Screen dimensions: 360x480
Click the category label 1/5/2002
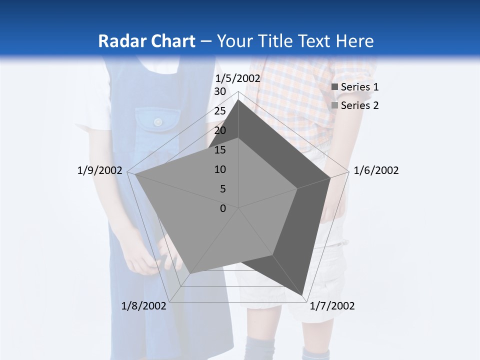pyautogui.click(x=238, y=78)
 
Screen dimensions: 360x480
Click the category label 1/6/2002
pyautogui.click(x=376, y=170)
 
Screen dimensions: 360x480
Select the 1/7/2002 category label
pyautogui.click(x=332, y=306)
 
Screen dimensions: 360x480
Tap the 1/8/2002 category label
pyautogui.click(x=144, y=306)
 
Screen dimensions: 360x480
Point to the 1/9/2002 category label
pyautogui.click(x=100, y=170)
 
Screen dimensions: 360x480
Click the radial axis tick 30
pyautogui.click(x=220, y=91)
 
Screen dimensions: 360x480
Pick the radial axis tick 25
pyautogui.click(x=220, y=111)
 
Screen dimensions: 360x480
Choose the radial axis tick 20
pyautogui.click(x=220, y=130)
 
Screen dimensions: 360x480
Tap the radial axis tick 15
pyautogui.click(x=220, y=150)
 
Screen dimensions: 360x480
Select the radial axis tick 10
pyautogui.click(x=220, y=169)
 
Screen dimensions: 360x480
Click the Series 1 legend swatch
pyautogui.click(x=335, y=87)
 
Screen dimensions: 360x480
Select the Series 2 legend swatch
pyautogui.click(x=335, y=105)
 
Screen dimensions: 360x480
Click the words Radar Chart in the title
pyautogui.click(x=146, y=41)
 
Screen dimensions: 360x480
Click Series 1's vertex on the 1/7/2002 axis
pyautogui.click(x=302, y=295)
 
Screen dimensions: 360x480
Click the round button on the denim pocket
pyautogui.click(x=158, y=122)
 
